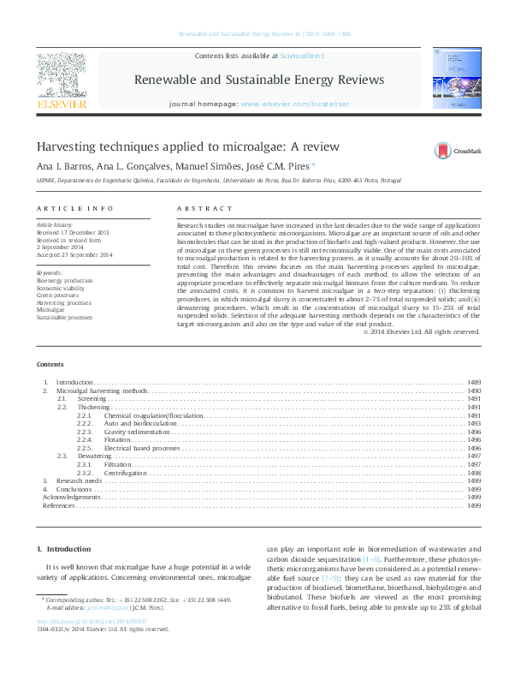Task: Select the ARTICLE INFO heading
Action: click(75, 209)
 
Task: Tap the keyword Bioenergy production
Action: click(64, 280)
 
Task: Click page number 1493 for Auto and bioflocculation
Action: click(473, 423)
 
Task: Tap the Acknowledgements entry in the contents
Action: click(72, 498)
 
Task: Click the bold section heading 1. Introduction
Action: click(65, 549)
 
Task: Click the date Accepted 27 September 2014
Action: click(75, 255)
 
